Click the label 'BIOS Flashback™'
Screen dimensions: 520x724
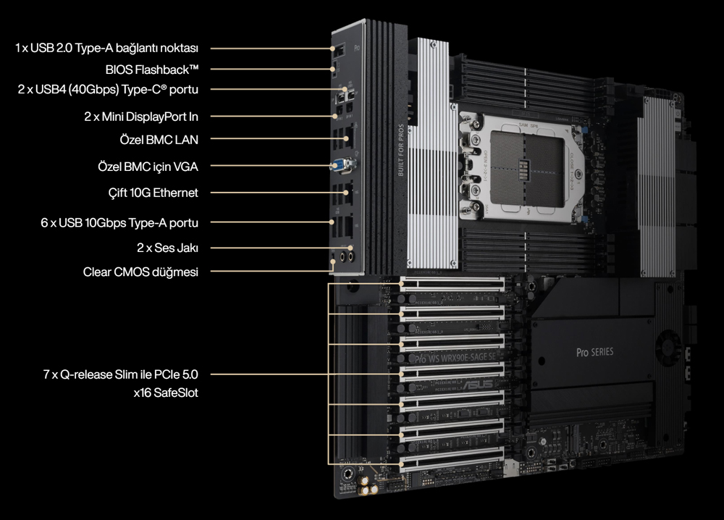[x=152, y=69]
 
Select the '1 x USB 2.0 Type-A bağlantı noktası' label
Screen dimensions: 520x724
[x=106, y=48]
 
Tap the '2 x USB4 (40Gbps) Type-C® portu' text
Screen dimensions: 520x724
[x=108, y=90]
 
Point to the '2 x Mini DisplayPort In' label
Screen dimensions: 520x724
[x=141, y=116]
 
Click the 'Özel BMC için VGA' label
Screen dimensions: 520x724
[x=148, y=167]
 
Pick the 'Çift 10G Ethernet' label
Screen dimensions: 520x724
[x=153, y=193]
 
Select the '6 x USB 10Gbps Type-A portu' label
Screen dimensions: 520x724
[x=119, y=223]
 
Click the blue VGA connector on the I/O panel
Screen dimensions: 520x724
[x=339, y=167]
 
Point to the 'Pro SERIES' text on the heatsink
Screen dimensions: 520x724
[x=594, y=352]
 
